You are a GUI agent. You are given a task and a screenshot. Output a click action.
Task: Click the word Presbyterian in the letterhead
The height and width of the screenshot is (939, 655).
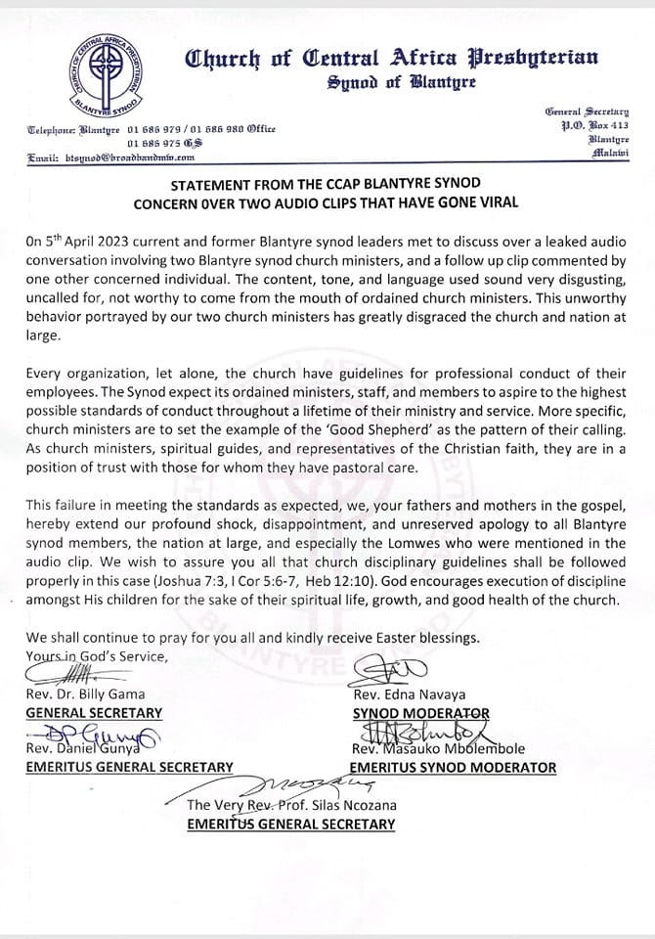(548, 59)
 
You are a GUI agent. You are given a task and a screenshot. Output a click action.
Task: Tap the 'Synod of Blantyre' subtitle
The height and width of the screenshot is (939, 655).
(402, 83)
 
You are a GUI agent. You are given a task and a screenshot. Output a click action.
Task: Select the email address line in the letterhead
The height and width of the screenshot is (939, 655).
(111, 156)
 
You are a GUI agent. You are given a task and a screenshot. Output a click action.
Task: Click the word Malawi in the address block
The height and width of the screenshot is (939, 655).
(612, 154)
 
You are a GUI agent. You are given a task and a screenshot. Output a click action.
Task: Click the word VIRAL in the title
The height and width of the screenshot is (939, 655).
(495, 202)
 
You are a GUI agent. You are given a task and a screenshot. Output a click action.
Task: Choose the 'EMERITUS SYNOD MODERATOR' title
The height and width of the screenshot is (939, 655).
(453, 768)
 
